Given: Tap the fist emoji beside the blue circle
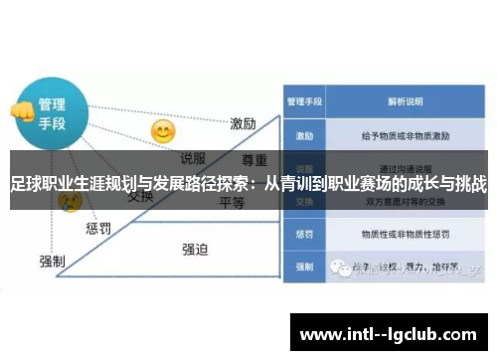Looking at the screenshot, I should click(x=19, y=111).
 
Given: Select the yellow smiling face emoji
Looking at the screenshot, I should click(x=162, y=130).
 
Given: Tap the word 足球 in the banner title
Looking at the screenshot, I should click(x=26, y=185).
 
